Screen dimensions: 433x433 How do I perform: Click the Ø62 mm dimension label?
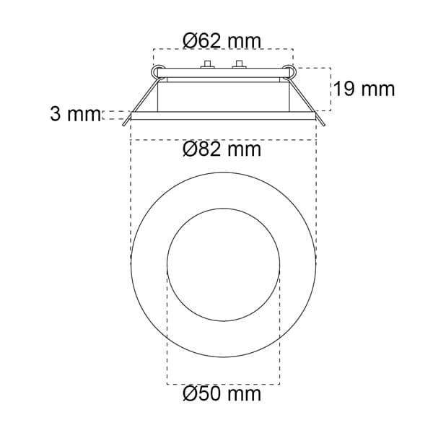tap(222, 41)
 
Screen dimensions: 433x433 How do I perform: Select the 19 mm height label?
tap(364, 89)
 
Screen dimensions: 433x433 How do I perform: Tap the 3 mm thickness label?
tap(75, 114)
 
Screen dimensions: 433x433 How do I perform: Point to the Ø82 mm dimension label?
tap(222, 149)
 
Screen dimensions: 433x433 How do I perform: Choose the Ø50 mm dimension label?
tap(222, 393)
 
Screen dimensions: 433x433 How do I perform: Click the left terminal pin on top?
tap(207, 64)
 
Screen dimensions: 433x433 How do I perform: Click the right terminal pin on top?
tap(239, 64)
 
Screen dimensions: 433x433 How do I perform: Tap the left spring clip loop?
tap(157, 71)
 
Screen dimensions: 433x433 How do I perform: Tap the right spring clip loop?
tap(289, 71)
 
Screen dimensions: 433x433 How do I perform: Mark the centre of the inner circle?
tap(224, 265)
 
